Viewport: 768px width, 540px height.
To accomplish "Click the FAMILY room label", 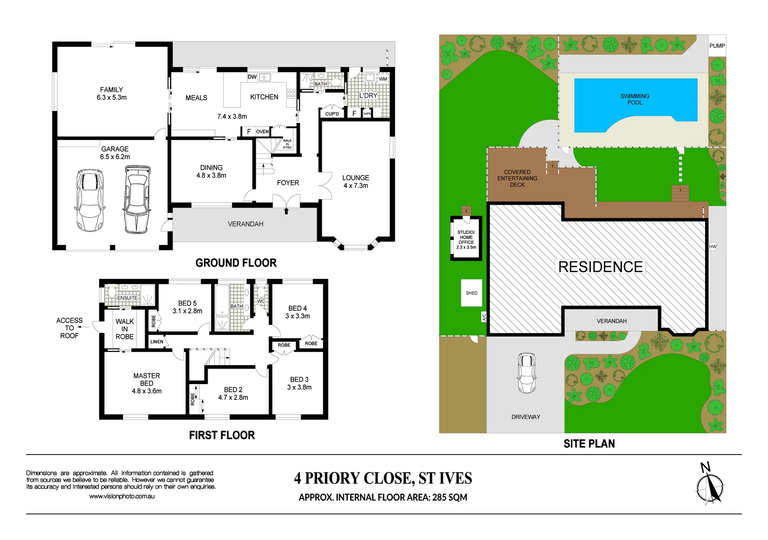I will coord(112,93).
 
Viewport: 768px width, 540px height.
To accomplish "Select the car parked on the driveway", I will coord(526,373).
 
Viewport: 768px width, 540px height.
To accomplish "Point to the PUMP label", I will coord(716,46).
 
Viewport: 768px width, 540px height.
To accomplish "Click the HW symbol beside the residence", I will coord(712,246).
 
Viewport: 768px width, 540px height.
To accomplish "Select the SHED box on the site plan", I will coord(471,293).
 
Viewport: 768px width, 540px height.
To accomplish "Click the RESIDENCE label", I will coord(600,266).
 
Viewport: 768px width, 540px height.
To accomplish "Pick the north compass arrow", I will coord(709,485).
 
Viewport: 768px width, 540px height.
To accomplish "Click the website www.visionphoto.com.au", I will coord(122,496).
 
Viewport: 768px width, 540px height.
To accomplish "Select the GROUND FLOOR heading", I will coord(236,263).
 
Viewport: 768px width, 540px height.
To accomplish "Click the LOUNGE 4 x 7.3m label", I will coord(355,181).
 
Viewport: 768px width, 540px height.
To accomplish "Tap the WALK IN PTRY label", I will coord(287,144).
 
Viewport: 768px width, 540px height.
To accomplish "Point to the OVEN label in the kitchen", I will coord(262,131).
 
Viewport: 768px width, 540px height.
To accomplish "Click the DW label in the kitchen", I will coord(252,77).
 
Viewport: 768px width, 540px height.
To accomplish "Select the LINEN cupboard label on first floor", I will coord(157,341).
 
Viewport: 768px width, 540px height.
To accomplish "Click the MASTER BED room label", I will coord(147,383).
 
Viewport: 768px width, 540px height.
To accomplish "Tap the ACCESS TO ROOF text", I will coord(69,328).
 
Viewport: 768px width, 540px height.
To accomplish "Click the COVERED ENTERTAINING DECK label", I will coord(517,178).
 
